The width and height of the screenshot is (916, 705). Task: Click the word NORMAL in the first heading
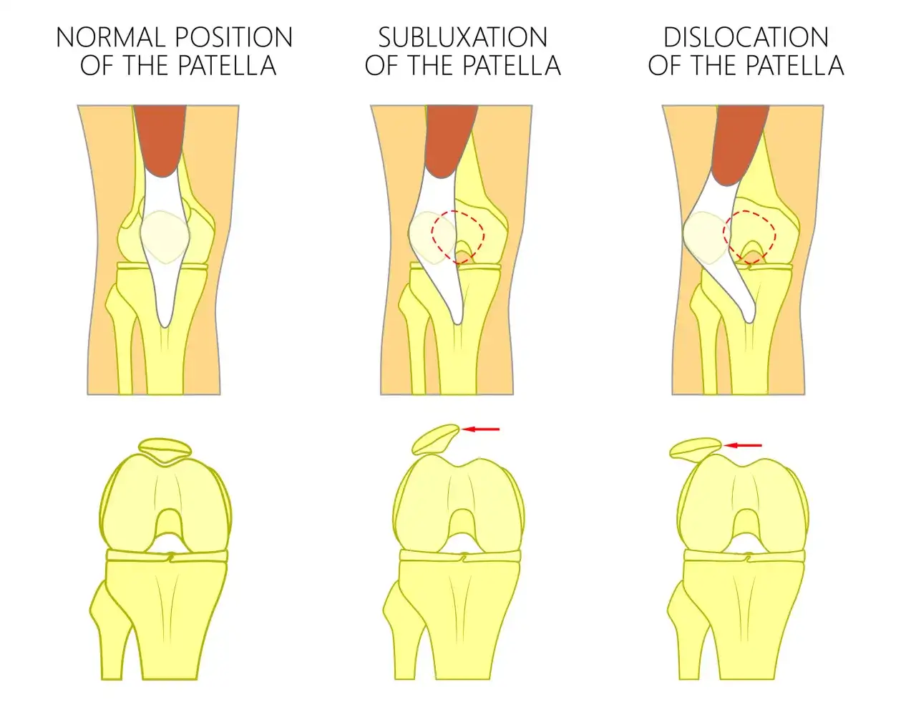click(x=110, y=37)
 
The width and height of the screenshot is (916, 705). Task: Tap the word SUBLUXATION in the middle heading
click(x=462, y=37)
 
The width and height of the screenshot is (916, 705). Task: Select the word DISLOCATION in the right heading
click(x=746, y=37)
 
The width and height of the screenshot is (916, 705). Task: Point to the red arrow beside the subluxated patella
click(x=481, y=429)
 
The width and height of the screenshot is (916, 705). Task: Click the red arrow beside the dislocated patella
click(x=743, y=445)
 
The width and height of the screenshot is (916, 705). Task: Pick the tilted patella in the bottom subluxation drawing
click(x=435, y=439)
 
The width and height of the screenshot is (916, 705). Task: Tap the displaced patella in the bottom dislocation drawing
click(x=696, y=447)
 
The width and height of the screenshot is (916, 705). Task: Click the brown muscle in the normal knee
click(x=160, y=139)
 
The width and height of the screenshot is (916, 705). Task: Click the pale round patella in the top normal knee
click(x=165, y=237)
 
